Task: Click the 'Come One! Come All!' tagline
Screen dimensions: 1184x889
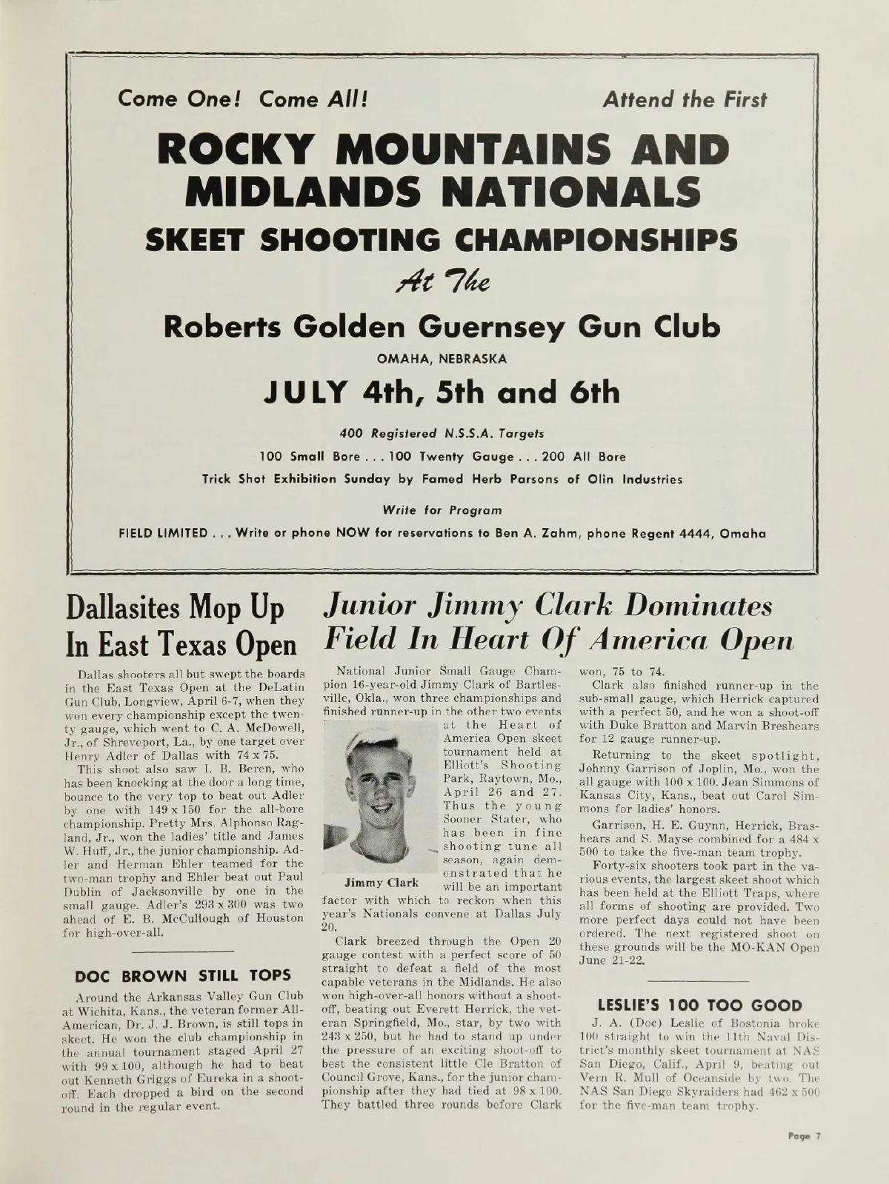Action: pyautogui.click(x=239, y=99)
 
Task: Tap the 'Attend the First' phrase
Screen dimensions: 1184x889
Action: pyautogui.click(x=685, y=99)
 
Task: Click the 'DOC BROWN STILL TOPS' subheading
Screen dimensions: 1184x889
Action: pyautogui.click(x=183, y=974)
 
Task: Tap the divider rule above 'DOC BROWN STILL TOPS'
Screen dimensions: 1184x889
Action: pyautogui.click(x=183, y=949)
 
